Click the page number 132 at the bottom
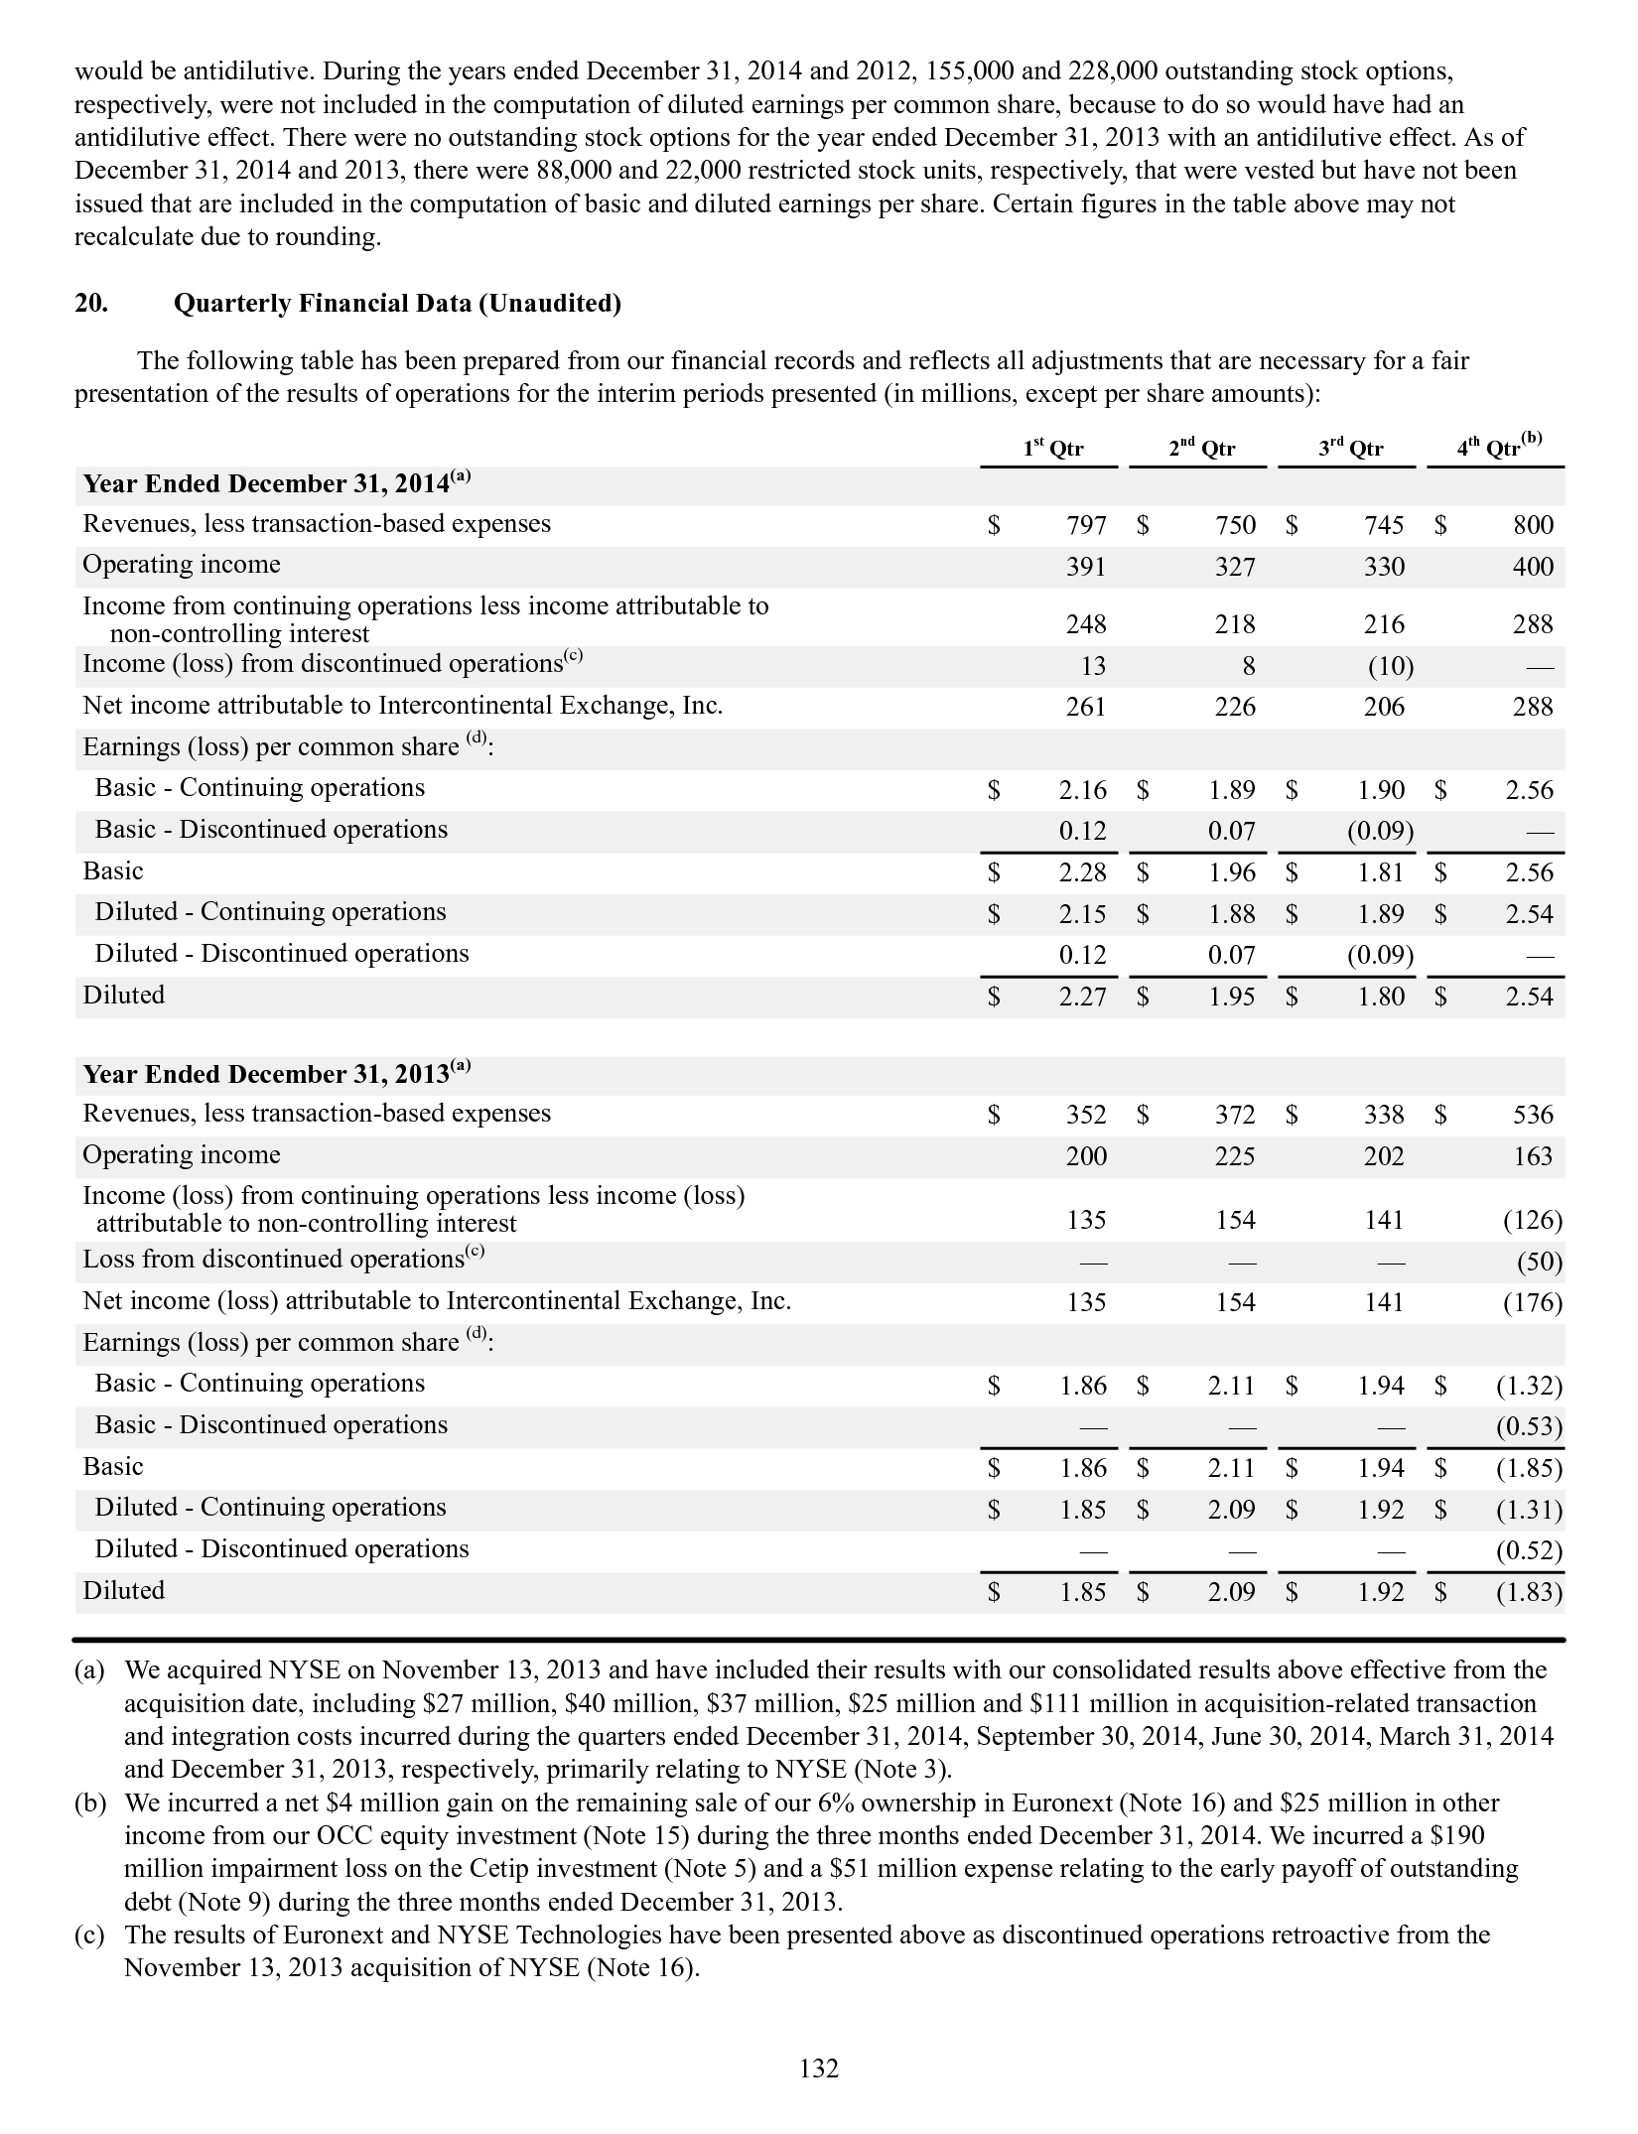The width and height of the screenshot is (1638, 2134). [x=819, y=2067]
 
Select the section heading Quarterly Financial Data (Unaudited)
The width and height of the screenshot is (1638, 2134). [x=397, y=304]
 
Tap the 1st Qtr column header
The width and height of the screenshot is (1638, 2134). [x=1053, y=449]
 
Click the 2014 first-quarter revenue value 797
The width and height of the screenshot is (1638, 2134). [x=1086, y=525]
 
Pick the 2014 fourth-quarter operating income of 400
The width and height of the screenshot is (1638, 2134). [x=1533, y=567]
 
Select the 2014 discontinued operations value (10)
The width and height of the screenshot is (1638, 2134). [x=1390, y=666]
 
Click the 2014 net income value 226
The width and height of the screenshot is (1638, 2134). [x=1235, y=707]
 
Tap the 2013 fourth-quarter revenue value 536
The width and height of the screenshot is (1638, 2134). [x=1533, y=1115]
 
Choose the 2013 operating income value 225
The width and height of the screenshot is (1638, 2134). [x=1235, y=1156]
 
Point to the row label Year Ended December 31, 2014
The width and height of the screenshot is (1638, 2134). [x=277, y=483]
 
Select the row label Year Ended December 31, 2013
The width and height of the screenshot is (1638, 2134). [x=277, y=1074]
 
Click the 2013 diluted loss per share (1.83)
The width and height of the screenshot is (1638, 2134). [x=1529, y=1592]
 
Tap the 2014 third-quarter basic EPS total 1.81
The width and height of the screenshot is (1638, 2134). [x=1381, y=872]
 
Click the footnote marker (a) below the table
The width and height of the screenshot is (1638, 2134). [x=89, y=1670]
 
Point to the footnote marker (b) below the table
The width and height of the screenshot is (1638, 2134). [x=89, y=1802]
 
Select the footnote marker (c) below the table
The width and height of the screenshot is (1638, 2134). [x=89, y=1934]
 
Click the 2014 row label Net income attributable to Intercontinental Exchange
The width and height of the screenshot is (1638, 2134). [x=402, y=706]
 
